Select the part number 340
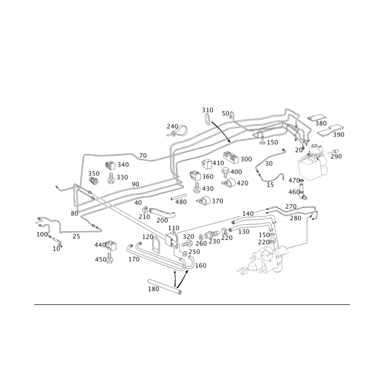click(123, 164)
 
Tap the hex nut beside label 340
click(110, 164)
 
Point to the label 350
click(94, 173)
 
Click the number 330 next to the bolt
click(122, 177)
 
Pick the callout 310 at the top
click(207, 110)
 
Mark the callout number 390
click(339, 135)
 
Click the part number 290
click(336, 156)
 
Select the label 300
click(246, 159)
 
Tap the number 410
click(218, 163)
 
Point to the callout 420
click(242, 183)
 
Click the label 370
click(218, 201)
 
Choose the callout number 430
click(207, 188)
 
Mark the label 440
click(99, 245)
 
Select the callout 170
click(134, 259)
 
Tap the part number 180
click(153, 289)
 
